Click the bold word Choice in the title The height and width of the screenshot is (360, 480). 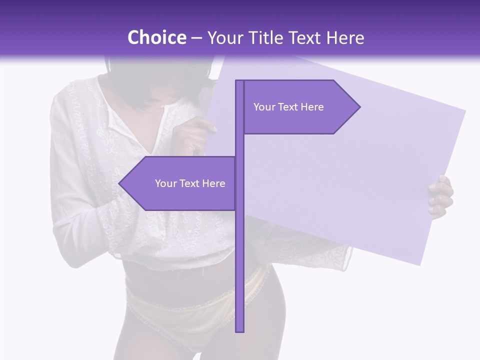click(156, 37)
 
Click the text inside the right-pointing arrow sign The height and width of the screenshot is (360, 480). click(288, 107)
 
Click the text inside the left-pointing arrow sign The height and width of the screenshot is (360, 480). click(190, 183)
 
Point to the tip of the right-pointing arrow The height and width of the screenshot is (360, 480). click(359, 106)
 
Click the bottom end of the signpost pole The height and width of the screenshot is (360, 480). click(239, 330)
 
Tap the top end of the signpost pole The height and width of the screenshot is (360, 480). click(239, 81)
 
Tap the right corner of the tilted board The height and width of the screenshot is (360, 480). click(464, 111)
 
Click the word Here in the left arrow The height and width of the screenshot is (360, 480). click(213, 183)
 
